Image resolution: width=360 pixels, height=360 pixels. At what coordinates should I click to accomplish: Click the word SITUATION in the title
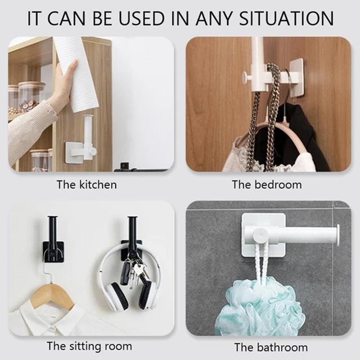pyautogui.click(x=286, y=18)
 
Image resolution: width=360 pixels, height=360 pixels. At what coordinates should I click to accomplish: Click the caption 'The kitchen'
pyautogui.click(x=87, y=185)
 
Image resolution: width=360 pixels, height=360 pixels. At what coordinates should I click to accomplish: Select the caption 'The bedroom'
pyautogui.click(x=267, y=185)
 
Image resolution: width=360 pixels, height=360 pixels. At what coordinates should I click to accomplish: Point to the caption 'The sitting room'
pyautogui.click(x=90, y=346)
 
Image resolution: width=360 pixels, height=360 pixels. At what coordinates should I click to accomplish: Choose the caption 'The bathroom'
pyautogui.click(x=271, y=347)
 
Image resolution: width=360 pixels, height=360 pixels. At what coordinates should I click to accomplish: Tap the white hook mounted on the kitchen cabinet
pyautogui.click(x=81, y=142)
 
